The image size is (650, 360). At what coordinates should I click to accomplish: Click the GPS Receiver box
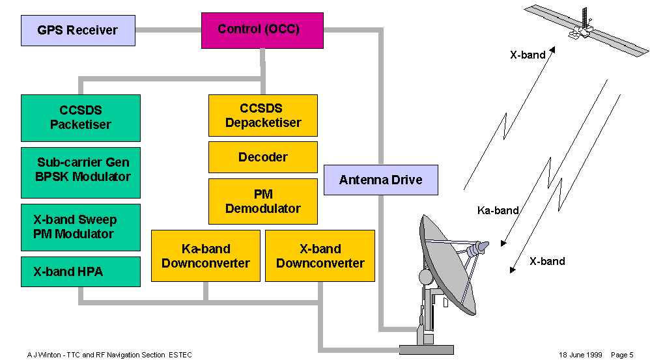tap(78, 31)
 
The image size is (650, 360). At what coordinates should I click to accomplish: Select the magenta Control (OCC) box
tap(262, 30)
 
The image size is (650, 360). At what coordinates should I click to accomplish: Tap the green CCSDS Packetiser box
tap(81, 118)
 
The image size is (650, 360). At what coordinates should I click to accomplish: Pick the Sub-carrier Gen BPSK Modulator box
tap(81, 170)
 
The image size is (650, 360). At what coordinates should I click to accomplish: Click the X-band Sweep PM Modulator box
tap(81, 227)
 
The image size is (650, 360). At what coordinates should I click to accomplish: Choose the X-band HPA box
tap(81, 271)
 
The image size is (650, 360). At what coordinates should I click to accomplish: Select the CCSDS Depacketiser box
tap(263, 115)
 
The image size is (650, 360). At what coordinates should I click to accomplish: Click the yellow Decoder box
tap(263, 157)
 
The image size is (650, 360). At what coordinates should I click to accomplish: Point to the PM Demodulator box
tap(263, 201)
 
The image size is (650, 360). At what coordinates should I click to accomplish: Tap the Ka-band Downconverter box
tap(206, 256)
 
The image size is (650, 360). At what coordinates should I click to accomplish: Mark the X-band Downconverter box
tap(320, 256)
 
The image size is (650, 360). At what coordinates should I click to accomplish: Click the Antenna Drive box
tap(381, 180)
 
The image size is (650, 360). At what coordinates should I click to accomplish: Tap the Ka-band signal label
tap(498, 210)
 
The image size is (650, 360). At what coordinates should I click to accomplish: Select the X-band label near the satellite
tap(528, 55)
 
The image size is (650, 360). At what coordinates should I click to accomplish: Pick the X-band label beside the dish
tap(547, 262)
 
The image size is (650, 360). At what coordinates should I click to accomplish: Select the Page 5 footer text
tap(622, 355)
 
